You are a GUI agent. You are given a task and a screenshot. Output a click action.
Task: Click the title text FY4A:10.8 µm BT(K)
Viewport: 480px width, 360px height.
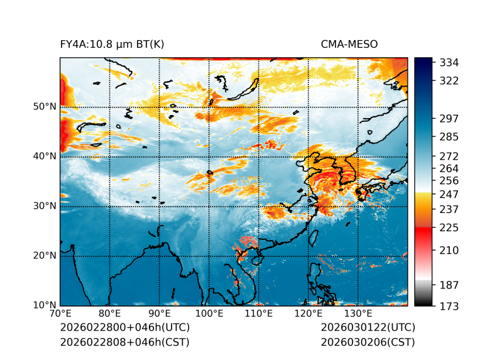(x=112, y=45)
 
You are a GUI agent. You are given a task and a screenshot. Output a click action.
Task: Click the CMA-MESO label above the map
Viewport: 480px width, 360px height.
(x=349, y=45)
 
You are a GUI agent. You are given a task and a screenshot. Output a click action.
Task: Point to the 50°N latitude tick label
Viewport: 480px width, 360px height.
(x=44, y=107)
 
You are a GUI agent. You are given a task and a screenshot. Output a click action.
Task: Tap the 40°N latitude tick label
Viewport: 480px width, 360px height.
(x=44, y=156)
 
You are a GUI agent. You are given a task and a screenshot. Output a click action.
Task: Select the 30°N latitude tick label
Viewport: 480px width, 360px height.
(x=44, y=206)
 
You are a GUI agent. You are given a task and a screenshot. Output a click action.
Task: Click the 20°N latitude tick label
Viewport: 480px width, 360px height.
(x=44, y=256)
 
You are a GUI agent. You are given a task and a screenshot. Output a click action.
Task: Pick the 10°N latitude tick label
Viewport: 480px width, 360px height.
(x=44, y=305)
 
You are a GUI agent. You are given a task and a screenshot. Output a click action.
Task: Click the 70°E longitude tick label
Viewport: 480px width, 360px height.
(x=60, y=314)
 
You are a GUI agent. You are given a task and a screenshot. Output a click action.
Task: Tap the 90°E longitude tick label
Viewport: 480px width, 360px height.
(x=160, y=314)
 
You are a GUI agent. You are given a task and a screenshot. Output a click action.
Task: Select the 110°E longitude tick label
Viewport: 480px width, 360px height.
(x=259, y=314)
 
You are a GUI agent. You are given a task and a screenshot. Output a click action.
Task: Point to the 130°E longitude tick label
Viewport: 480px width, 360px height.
(x=358, y=314)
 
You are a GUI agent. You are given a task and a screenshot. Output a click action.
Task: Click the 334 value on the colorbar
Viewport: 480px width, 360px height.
(x=449, y=63)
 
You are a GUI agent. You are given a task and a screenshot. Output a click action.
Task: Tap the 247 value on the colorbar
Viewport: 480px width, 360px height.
(x=449, y=194)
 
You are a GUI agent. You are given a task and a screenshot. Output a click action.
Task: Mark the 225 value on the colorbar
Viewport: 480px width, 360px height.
(x=449, y=227)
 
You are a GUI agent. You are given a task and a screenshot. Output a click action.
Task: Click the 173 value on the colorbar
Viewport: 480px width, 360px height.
(x=449, y=306)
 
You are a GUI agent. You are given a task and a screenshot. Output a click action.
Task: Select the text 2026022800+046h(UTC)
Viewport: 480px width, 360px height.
(x=125, y=328)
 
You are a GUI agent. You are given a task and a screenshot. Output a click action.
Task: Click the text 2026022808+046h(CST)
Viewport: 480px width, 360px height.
(x=124, y=342)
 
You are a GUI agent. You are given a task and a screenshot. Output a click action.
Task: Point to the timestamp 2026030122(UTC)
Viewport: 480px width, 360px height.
(x=368, y=328)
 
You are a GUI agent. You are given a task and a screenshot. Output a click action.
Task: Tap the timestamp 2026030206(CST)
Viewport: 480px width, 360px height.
(x=368, y=342)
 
